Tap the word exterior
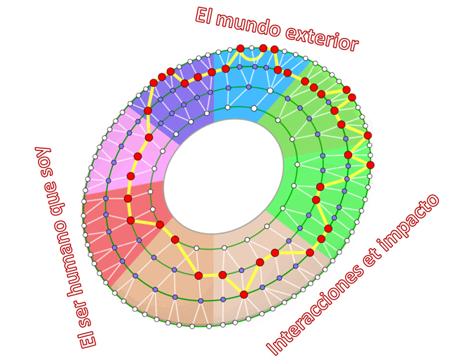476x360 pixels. click(x=322, y=36)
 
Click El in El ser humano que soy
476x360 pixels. click(x=85, y=336)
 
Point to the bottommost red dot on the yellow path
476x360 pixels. click(x=244, y=295)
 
